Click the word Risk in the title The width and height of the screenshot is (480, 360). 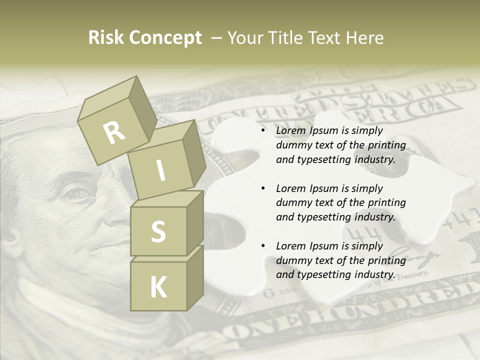(x=106, y=38)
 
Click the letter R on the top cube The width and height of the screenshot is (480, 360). (x=114, y=132)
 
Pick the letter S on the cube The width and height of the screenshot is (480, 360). (x=158, y=231)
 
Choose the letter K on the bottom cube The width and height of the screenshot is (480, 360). (x=158, y=287)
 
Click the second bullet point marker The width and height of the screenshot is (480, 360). (x=263, y=188)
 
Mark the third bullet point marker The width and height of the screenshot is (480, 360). (x=263, y=246)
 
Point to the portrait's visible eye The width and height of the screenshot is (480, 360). (x=75, y=193)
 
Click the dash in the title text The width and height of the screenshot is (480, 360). (x=216, y=38)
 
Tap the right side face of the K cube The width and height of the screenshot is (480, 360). (x=195, y=277)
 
